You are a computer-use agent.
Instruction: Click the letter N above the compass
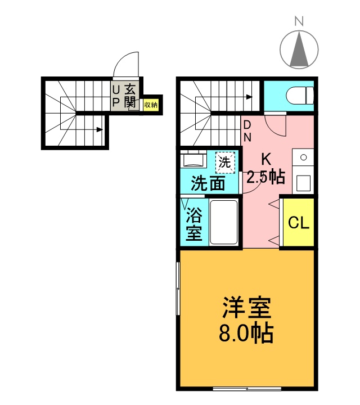(x=299, y=21)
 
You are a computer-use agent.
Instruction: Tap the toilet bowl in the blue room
(x=300, y=96)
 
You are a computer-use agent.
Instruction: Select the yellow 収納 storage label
(x=151, y=105)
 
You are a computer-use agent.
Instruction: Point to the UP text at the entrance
(x=116, y=96)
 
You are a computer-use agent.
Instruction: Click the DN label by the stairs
(x=247, y=131)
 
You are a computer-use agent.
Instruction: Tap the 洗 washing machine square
(x=225, y=163)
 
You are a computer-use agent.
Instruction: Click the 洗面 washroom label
(x=208, y=183)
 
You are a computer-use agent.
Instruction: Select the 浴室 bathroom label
(x=194, y=224)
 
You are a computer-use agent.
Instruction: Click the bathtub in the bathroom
(x=224, y=222)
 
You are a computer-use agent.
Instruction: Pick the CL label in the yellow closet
(x=299, y=222)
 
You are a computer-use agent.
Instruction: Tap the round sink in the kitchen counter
(x=304, y=157)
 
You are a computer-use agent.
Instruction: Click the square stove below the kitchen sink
(x=303, y=183)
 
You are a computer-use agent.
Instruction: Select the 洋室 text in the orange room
(x=247, y=308)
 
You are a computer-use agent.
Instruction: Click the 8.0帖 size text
(x=246, y=333)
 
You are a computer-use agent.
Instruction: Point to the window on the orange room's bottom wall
(x=247, y=388)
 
